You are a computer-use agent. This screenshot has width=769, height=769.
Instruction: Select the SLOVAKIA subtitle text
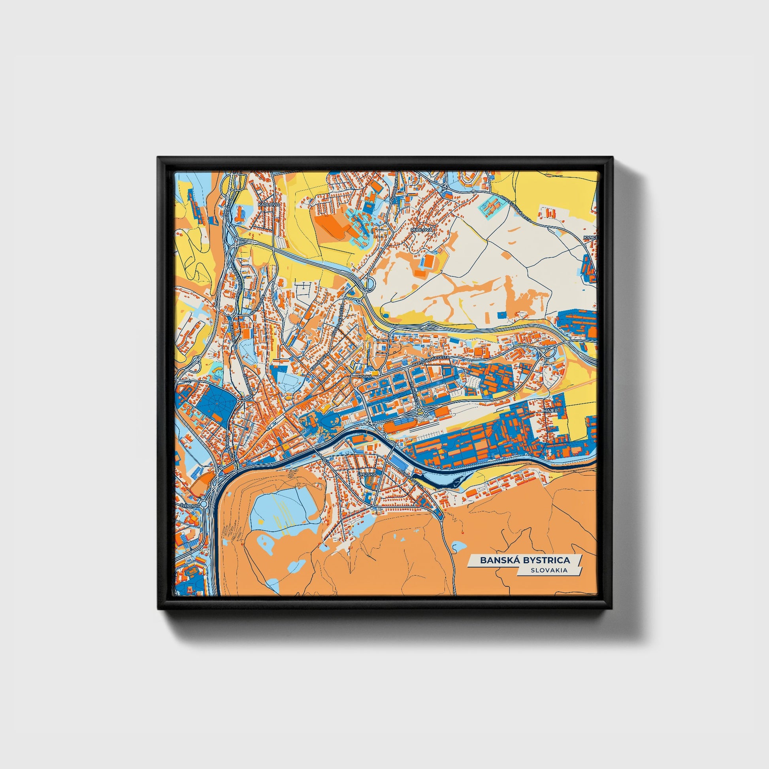tap(549, 570)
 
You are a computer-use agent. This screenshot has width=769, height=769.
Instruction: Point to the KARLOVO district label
tap(267, 204)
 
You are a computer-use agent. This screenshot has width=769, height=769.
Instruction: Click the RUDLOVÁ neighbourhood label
tap(421, 230)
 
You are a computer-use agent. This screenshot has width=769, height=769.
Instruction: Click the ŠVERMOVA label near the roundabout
tap(188, 505)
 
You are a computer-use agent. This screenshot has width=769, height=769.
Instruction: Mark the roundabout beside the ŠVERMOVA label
tap(204, 504)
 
